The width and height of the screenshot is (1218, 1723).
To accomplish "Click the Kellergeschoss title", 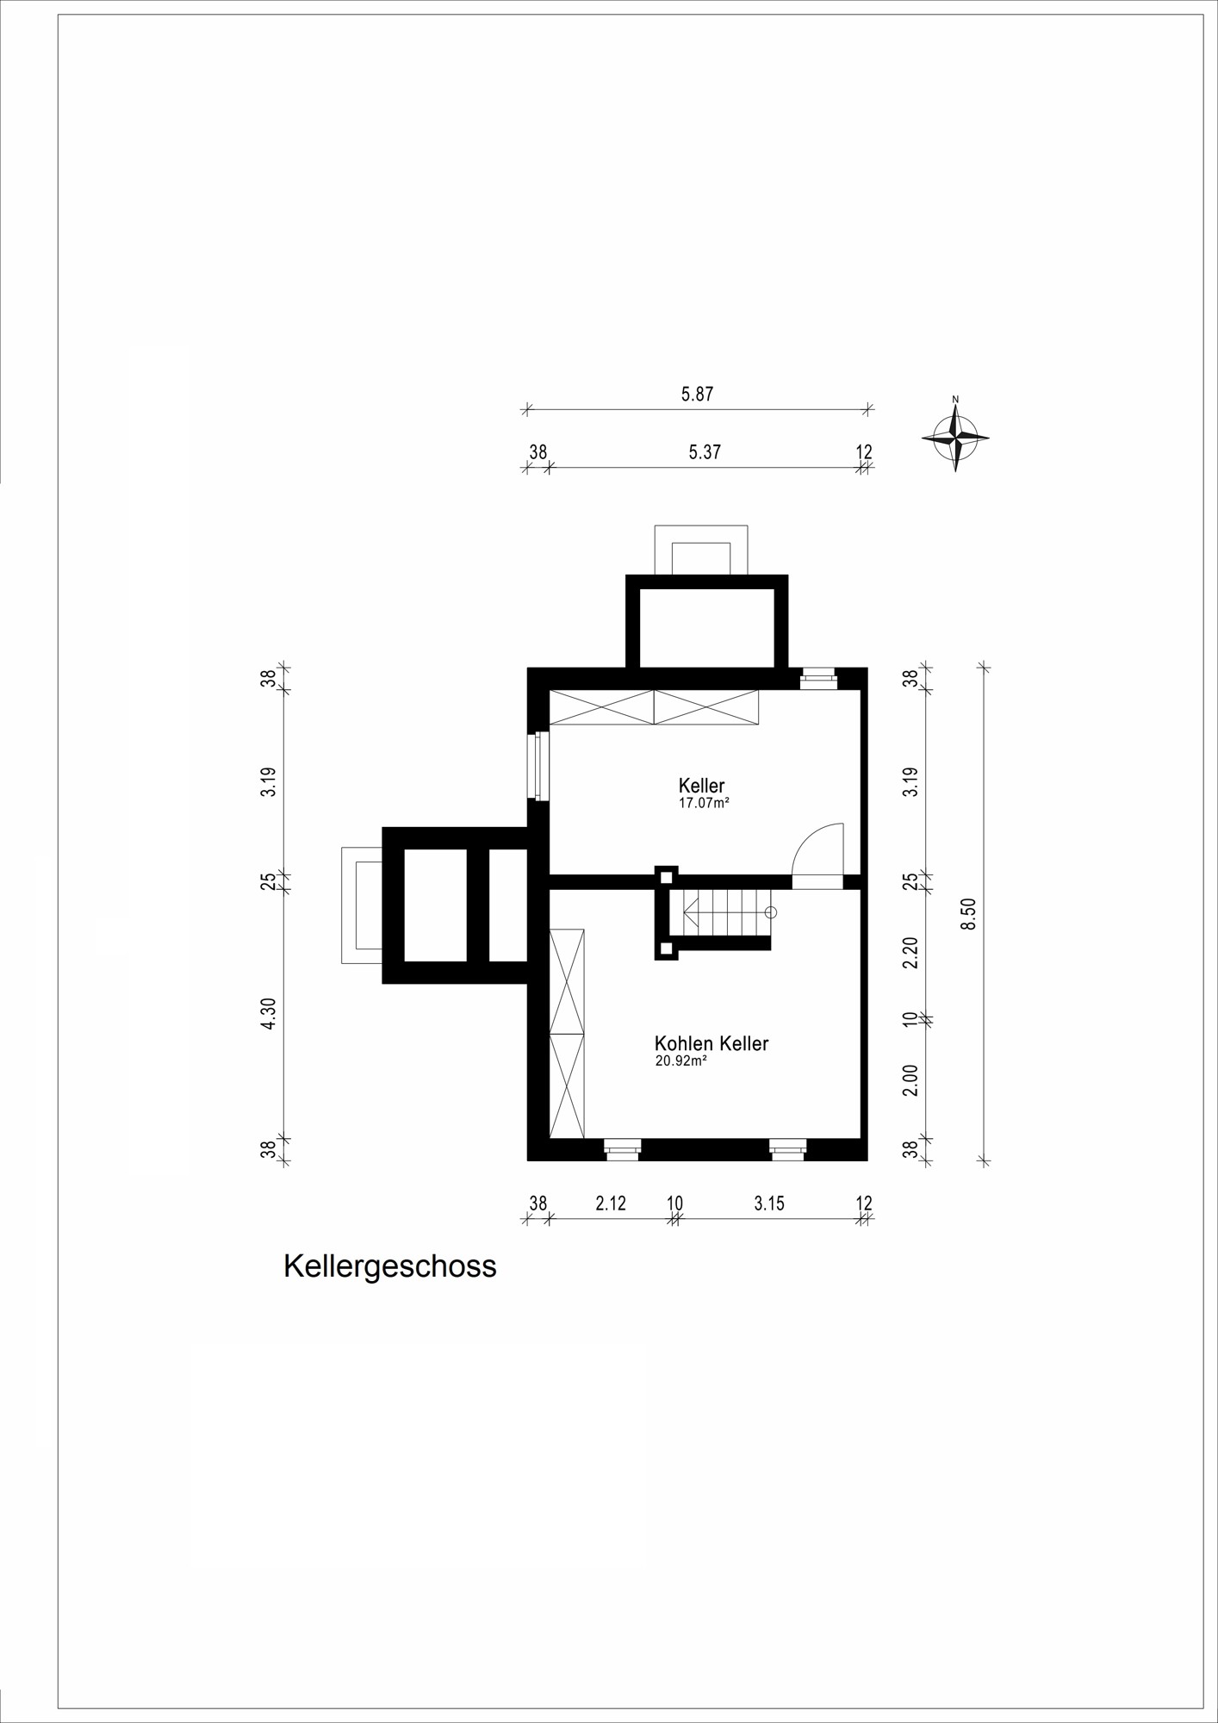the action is pyautogui.click(x=390, y=1267).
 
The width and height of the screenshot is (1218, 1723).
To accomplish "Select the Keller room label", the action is pyautogui.click(x=702, y=786).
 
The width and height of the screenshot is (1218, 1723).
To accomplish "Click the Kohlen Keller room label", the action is pyautogui.click(x=712, y=1043).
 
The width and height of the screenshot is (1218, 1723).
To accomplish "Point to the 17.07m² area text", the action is pyautogui.click(x=705, y=803).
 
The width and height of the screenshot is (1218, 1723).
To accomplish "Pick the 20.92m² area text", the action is pyautogui.click(x=681, y=1061).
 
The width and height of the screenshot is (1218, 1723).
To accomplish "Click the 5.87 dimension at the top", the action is pyautogui.click(x=698, y=395).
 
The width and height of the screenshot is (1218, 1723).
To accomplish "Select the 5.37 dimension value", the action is pyautogui.click(x=705, y=452).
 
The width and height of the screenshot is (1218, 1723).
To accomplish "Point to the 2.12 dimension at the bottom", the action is pyautogui.click(x=611, y=1204).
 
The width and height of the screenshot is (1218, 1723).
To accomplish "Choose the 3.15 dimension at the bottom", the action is pyautogui.click(x=769, y=1204).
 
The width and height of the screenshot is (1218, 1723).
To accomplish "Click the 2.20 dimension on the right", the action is pyautogui.click(x=910, y=952).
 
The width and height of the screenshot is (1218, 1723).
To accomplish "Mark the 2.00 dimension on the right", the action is pyautogui.click(x=910, y=1080).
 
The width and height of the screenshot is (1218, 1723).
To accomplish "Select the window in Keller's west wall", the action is pyautogui.click(x=539, y=766).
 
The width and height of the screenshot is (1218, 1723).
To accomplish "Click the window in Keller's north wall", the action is pyautogui.click(x=818, y=680).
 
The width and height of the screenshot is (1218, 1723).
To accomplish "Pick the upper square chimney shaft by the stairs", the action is pyautogui.click(x=666, y=877).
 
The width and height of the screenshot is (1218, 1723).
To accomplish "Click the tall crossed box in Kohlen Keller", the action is pyautogui.click(x=567, y=1034).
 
